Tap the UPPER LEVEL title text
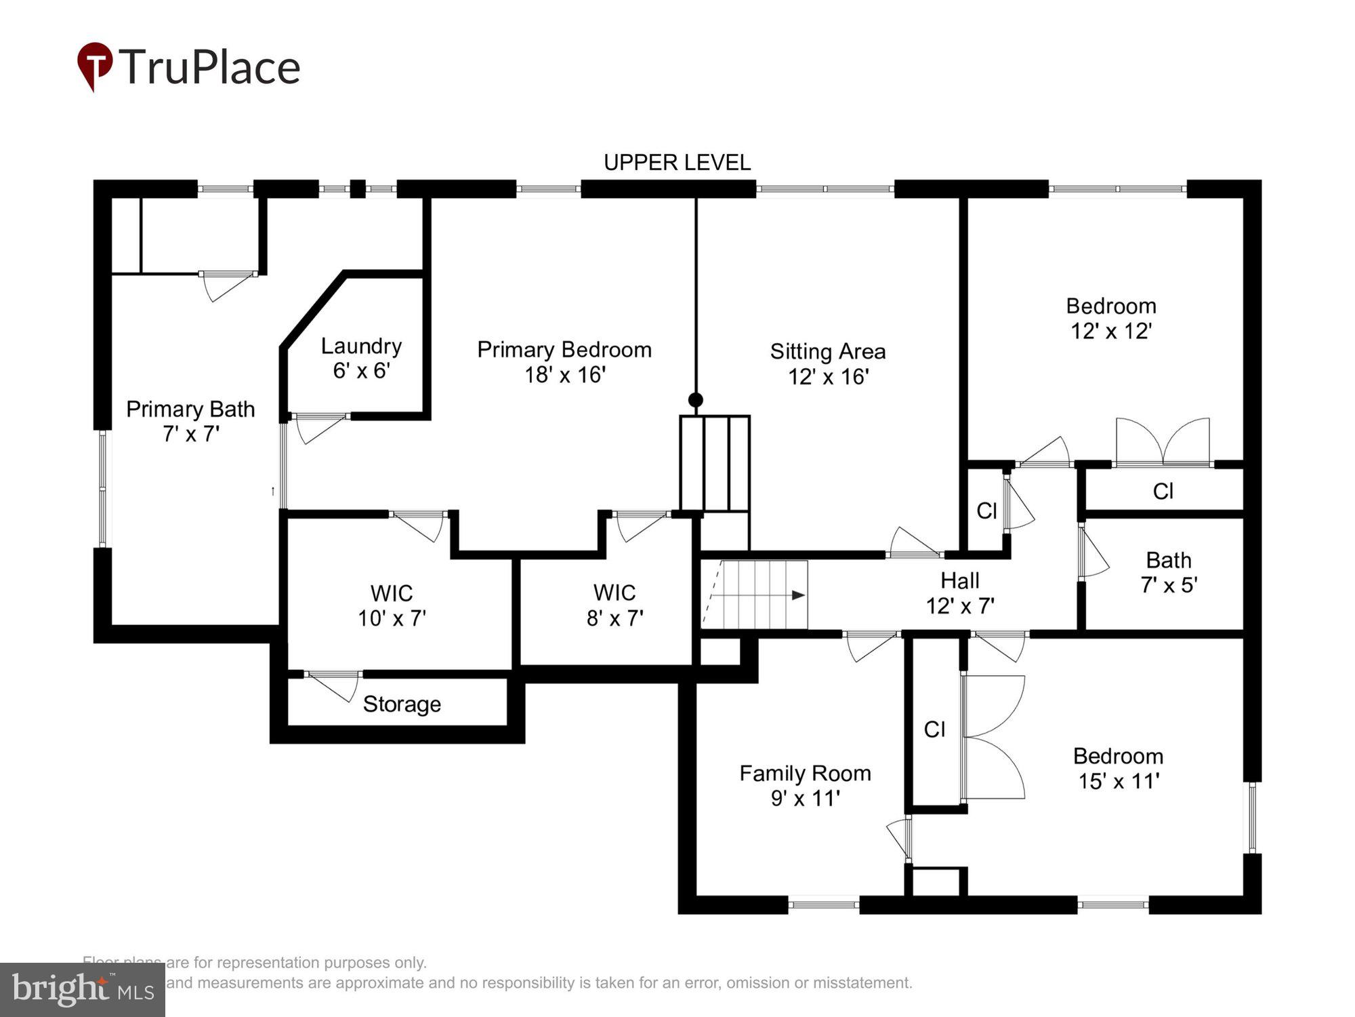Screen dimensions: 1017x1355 [677, 163]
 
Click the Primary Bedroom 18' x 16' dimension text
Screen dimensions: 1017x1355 [564, 374]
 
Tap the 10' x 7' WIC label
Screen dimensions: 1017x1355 [392, 605]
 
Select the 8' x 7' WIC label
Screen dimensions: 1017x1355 [614, 605]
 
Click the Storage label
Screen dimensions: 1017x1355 [402, 704]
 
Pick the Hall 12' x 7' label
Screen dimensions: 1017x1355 [960, 593]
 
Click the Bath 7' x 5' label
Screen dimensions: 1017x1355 [1169, 572]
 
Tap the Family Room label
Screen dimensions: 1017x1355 [805, 785]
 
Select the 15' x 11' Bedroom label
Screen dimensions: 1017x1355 [1118, 768]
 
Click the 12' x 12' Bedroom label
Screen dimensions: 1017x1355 [1111, 318]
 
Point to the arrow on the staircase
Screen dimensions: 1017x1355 [798, 595]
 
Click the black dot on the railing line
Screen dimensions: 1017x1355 [695, 399]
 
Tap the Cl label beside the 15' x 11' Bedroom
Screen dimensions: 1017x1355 [934, 729]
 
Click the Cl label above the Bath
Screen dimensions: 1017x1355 [1163, 491]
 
